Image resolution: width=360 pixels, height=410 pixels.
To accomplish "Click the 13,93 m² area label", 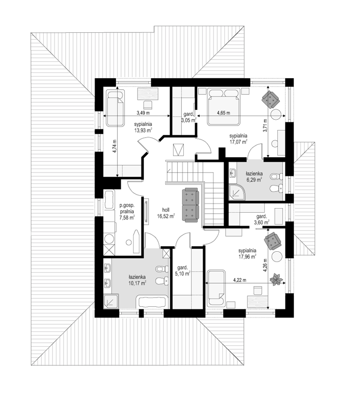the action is click(x=143, y=130).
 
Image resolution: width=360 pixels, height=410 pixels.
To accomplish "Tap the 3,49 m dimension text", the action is click(x=143, y=113).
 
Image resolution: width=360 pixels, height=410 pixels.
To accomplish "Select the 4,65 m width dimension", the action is click(x=223, y=113).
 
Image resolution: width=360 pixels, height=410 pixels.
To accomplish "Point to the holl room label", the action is click(x=166, y=210).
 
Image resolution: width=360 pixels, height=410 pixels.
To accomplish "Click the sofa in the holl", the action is click(x=191, y=205).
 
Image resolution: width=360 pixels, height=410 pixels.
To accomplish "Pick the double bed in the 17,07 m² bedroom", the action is click(x=224, y=107).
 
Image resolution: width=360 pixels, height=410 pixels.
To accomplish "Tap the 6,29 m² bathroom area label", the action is click(x=254, y=180).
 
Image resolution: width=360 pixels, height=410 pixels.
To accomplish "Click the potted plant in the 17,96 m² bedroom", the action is click(x=276, y=279).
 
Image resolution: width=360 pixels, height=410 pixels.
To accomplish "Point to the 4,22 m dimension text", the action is click(x=240, y=280).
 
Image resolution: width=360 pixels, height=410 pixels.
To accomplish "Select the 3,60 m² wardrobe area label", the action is click(x=262, y=222).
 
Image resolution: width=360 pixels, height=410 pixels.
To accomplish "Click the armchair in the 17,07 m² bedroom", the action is click(x=271, y=99).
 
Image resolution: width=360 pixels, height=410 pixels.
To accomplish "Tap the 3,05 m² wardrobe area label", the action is click(x=189, y=120).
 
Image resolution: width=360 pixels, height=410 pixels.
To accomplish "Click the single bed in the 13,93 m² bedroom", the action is click(x=115, y=108).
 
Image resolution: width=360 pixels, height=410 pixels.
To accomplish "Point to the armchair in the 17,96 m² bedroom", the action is click(x=273, y=240).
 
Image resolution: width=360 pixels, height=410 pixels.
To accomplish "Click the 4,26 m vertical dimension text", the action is click(x=266, y=265).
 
